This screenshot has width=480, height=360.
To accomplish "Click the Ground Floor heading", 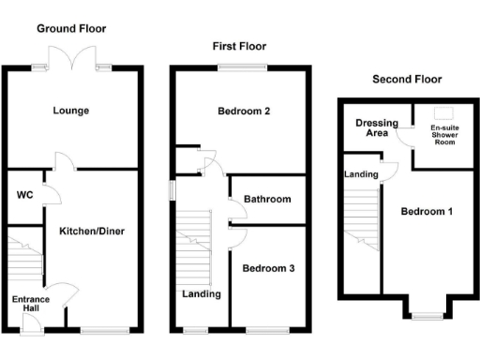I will [x=71, y=29].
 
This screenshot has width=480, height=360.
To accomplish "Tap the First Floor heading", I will [x=239, y=46].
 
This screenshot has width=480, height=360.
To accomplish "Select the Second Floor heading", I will [x=407, y=80].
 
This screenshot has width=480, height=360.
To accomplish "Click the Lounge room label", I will [x=71, y=111].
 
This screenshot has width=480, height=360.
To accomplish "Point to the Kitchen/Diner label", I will [x=92, y=231].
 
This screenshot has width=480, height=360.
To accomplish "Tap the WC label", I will [x=24, y=196].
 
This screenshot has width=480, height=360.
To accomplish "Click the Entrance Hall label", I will [x=30, y=305].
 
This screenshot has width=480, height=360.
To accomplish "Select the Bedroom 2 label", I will [x=244, y=112].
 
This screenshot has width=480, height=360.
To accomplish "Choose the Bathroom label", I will [x=267, y=199].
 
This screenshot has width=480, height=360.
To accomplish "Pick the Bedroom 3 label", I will [x=268, y=268].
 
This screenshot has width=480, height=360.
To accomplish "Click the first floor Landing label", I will [x=202, y=293].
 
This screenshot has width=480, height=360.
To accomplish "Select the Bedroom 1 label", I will [x=427, y=212].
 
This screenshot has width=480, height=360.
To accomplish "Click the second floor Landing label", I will [x=361, y=174].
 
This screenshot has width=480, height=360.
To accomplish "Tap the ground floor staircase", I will [x=25, y=256].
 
